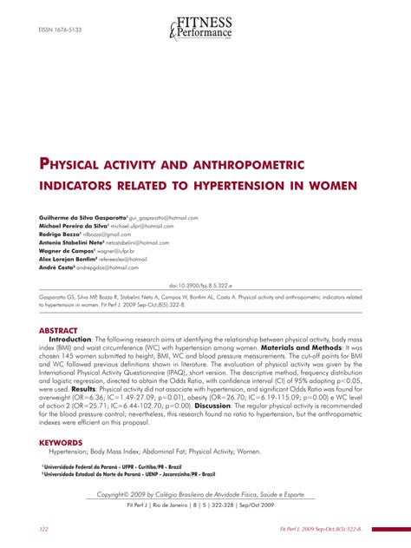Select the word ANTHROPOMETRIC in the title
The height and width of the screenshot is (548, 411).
coord(258,162)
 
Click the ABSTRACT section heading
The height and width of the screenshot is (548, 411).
coord(59,331)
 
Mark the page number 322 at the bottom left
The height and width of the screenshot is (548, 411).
coord(43,529)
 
